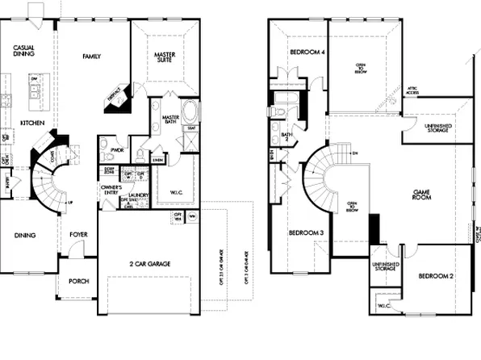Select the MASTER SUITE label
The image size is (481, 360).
coord(167,59)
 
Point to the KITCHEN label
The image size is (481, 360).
coord(31,123)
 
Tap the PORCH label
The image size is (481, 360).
coord(78,282)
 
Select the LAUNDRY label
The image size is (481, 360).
coord(136,195)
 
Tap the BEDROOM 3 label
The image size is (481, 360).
coord(306,233)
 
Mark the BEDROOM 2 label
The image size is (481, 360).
coord(435,276)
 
